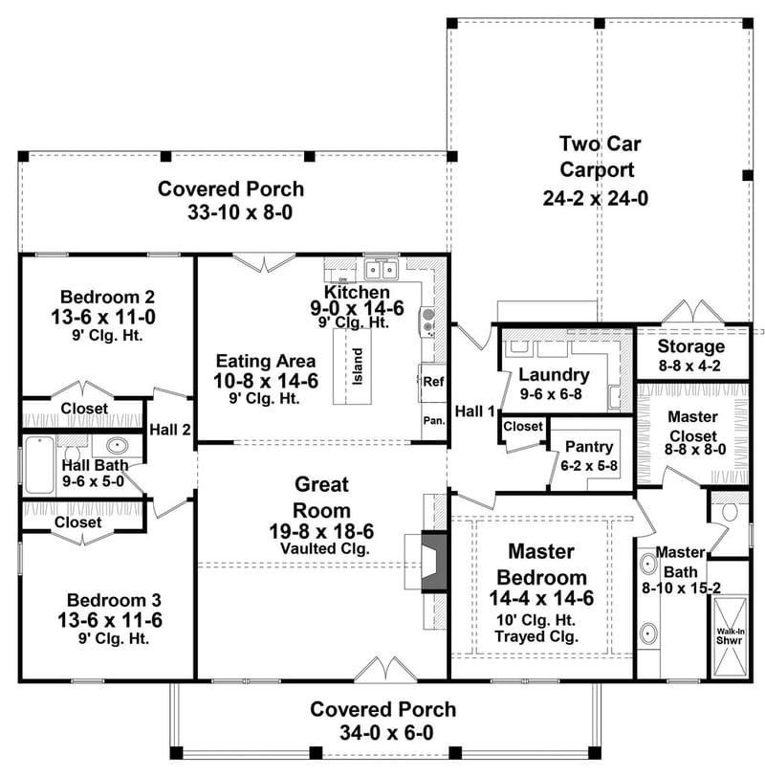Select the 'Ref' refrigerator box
(432, 381)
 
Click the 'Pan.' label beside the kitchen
(432, 420)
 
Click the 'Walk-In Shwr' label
(731, 636)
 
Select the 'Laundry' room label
(554, 375)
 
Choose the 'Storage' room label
(692, 346)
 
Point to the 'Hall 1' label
(475, 411)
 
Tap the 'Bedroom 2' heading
(107, 296)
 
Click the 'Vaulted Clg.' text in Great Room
(322, 548)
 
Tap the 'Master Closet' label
(692, 427)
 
